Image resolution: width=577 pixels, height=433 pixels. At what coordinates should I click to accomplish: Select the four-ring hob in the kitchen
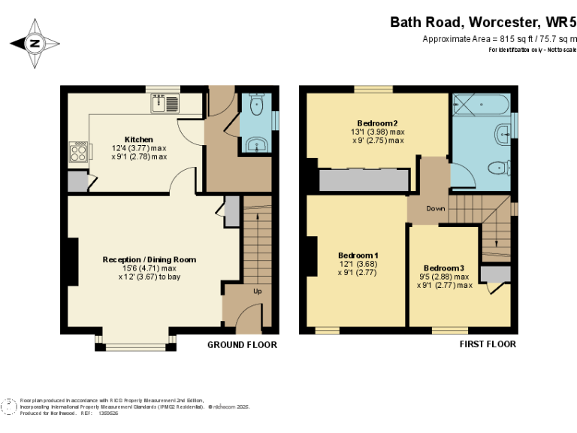pos(79,153)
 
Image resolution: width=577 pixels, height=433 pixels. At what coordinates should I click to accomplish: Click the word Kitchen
pos(139,139)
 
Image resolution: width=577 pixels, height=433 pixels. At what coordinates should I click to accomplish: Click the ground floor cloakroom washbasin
pos(255,144)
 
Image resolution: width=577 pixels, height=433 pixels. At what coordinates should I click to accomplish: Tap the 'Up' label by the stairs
pos(257,290)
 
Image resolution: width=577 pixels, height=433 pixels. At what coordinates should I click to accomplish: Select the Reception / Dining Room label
pos(150,259)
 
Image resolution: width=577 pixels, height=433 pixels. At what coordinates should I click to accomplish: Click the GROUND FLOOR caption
pos(242,345)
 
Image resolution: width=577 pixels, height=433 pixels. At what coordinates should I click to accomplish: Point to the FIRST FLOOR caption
pos(488,344)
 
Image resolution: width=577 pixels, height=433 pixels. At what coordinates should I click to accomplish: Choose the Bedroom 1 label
pos(357,256)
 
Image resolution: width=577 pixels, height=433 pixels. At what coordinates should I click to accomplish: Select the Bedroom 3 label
pos(443,268)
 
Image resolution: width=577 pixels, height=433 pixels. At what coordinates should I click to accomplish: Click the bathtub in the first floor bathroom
pos(482,104)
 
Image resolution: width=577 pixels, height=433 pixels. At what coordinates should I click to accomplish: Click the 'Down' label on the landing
pos(435,208)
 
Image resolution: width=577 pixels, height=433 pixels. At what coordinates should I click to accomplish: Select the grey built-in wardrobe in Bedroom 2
pos(363,180)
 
